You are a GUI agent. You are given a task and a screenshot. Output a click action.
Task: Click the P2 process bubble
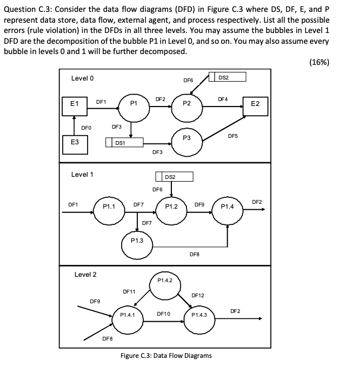[x=186, y=104]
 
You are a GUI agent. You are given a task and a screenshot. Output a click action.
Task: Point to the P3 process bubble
[x=186, y=138]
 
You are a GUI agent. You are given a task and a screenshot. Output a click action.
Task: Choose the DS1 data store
[x=124, y=143]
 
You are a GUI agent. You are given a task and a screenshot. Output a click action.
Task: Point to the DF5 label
[x=233, y=136]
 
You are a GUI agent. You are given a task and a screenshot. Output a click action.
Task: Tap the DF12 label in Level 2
[x=198, y=295]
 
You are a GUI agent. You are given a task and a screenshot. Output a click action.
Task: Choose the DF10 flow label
[x=163, y=314]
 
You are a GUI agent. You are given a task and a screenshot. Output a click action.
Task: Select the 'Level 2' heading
[x=85, y=275]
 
